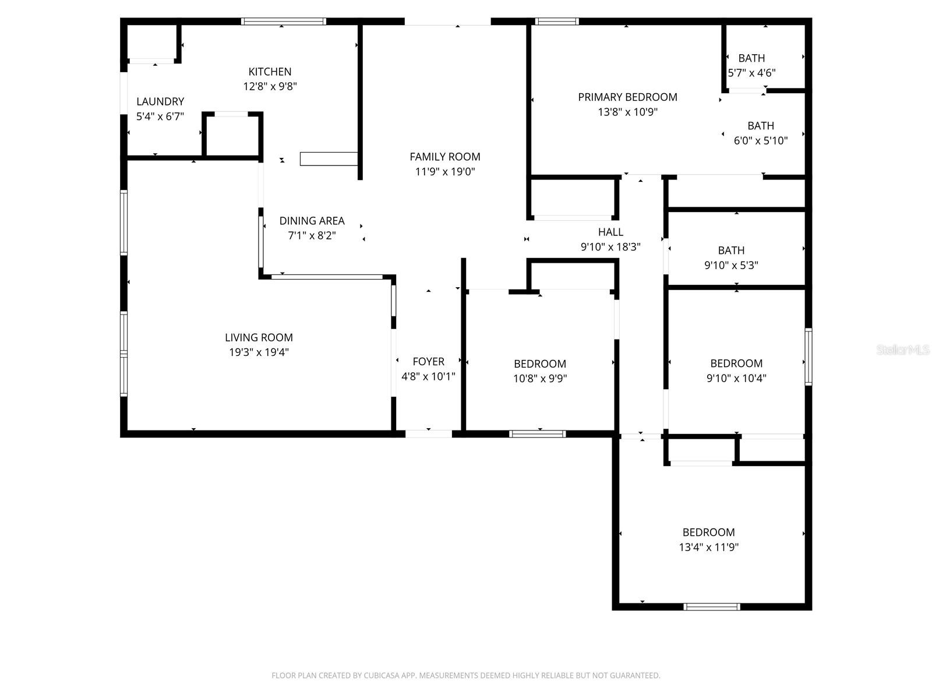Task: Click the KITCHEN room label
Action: coord(270,72)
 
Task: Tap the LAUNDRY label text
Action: coord(160,101)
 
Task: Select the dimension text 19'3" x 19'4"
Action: coord(259,352)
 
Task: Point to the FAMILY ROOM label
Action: coord(444,157)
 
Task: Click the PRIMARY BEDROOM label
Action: coord(627,97)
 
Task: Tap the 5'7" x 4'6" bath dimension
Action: coord(751,73)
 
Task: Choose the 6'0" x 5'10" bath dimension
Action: coord(760,140)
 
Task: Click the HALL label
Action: coord(610,232)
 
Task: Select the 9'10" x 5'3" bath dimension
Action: coord(730,265)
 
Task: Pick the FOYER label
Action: coord(428,362)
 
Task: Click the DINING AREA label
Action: coord(312,221)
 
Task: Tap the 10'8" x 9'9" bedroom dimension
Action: coord(539,378)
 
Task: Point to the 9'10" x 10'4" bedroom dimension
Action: coord(736,378)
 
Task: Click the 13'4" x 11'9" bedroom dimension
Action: coord(708,547)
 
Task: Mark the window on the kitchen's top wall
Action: coord(283,22)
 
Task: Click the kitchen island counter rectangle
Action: coord(329,158)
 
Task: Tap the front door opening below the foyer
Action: coord(428,433)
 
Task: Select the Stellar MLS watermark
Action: coord(902,349)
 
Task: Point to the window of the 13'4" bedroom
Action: coord(711,606)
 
